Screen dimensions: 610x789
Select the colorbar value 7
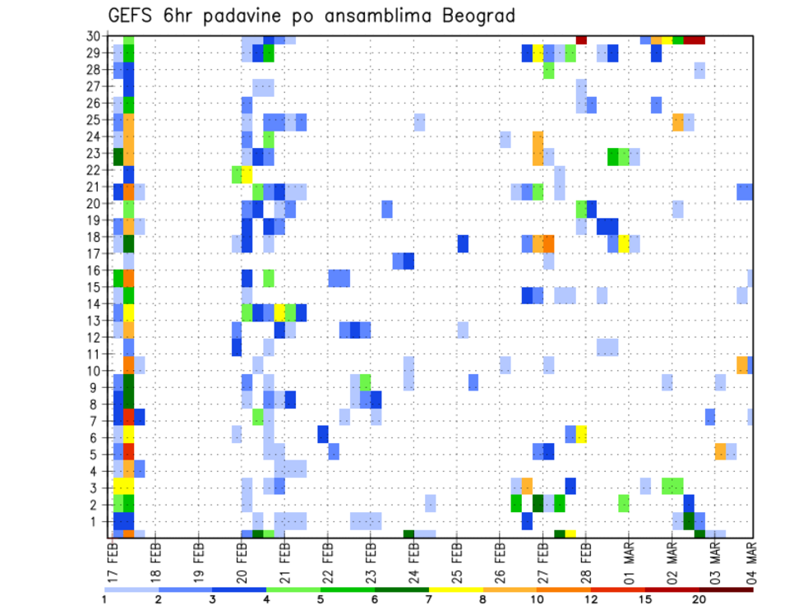pos(429,599)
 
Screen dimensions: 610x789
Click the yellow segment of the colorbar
pos(455,589)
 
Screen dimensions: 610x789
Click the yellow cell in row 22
pos(247,174)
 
